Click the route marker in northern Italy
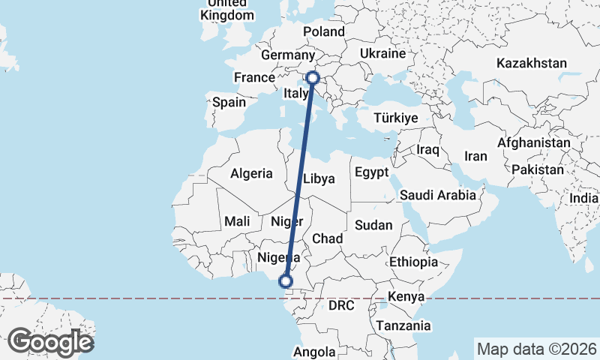[312, 77]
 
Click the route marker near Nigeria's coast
[286, 281]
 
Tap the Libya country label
[319, 178]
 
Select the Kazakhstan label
[531, 63]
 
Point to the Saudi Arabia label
[438, 195]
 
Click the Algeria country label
[251, 173]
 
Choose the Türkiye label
[397, 118]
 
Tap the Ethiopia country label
[413, 262]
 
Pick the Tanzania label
[404, 325]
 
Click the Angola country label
[314, 352]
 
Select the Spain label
[229, 102]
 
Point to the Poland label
[324, 31]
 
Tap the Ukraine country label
[382, 54]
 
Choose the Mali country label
[237, 221]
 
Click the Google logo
[50, 342]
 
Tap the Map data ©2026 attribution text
[536, 349]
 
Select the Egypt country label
[372, 172]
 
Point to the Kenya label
[406, 297]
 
